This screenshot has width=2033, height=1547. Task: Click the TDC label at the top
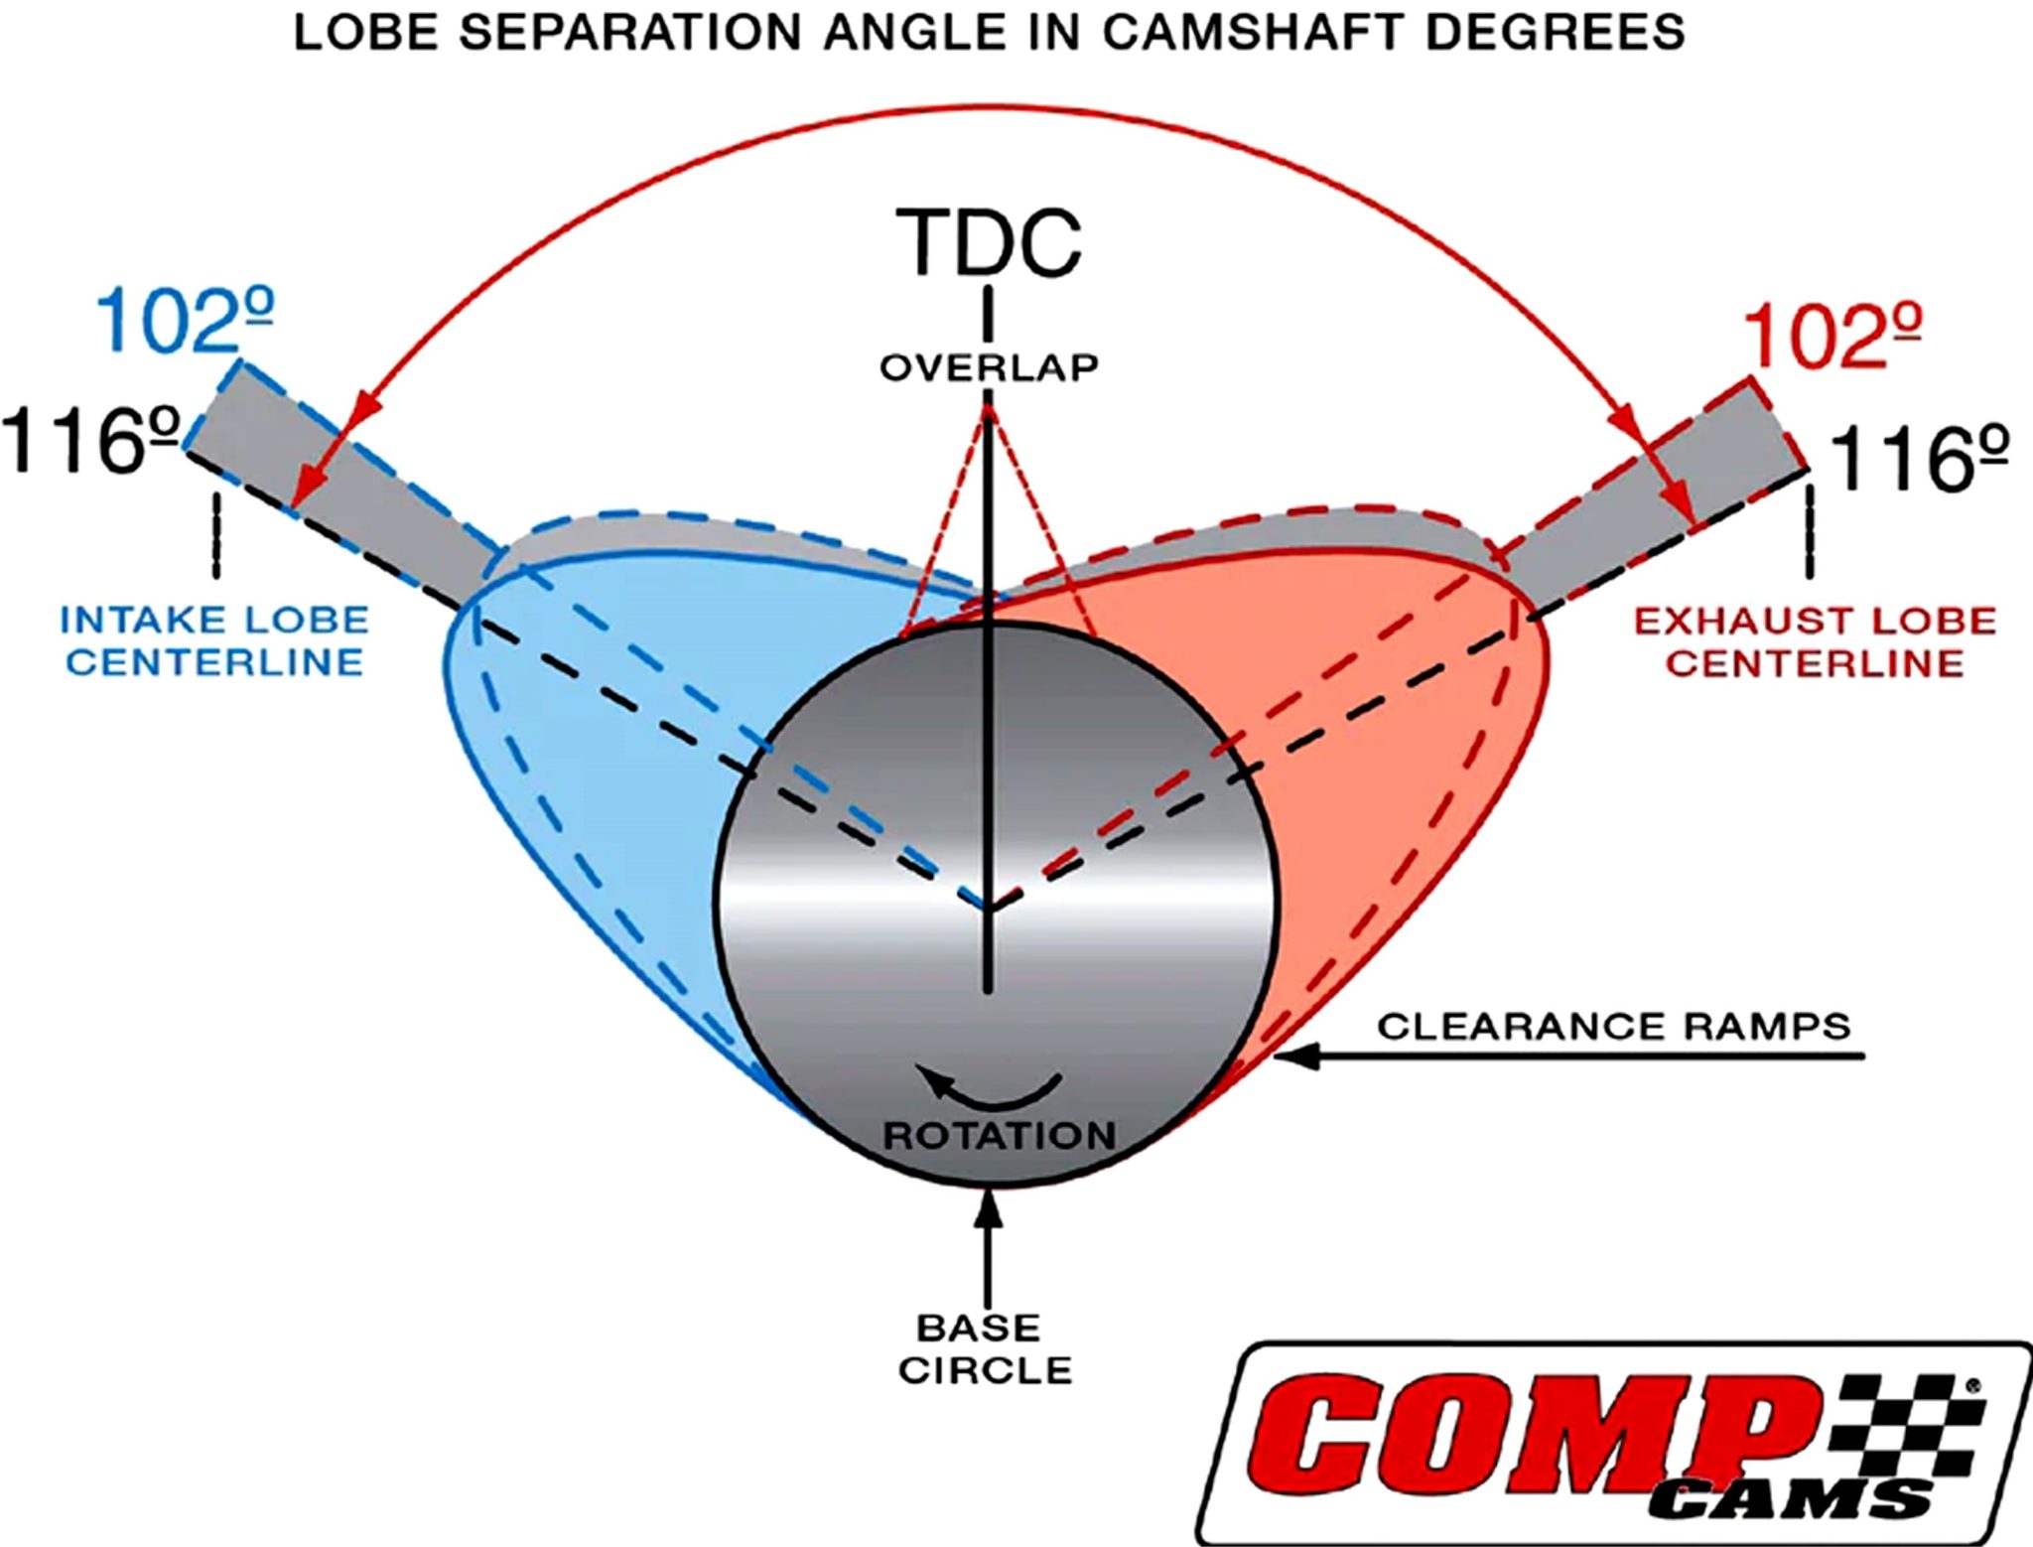click(x=989, y=243)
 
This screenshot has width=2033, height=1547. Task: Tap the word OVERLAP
click(x=989, y=367)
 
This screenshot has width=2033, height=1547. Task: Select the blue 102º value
click(x=185, y=321)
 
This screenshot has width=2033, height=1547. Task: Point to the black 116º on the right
click(x=1919, y=459)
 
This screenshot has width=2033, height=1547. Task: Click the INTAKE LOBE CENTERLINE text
click(x=214, y=641)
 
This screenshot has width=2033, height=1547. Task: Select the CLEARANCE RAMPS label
click(x=1614, y=1026)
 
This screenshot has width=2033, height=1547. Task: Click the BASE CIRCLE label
click(x=986, y=1348)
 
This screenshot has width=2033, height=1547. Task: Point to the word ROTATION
click(x=1000, y=1135)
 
